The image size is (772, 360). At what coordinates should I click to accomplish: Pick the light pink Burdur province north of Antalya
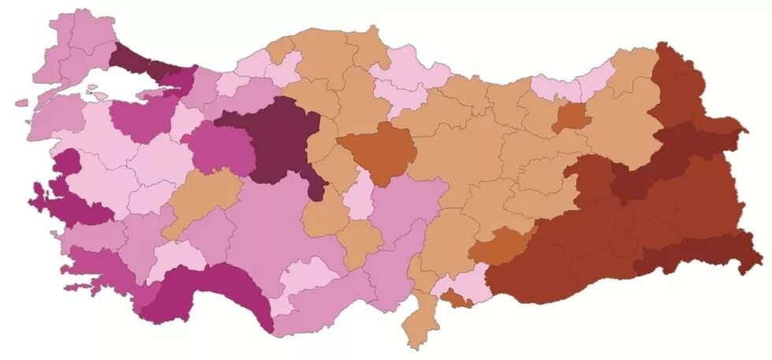tap(177, 256)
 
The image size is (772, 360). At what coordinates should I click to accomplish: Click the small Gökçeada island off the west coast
tap(21, 103)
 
